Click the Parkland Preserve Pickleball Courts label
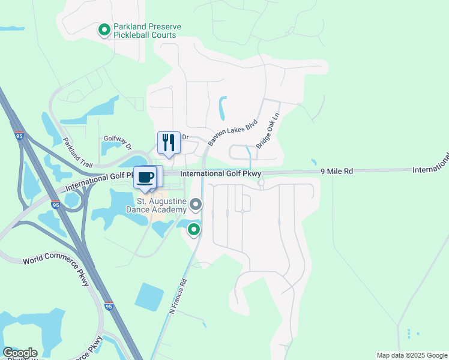tap(147, 31)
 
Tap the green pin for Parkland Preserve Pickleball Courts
tap(104, 29)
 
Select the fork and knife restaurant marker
tap(169, 143)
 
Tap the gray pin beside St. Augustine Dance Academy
tap(196, 206)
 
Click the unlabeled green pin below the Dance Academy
tap(194, 230)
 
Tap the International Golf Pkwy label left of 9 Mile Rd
tap(221, 174)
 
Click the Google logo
tap(20, 353)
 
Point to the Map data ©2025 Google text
tap(412, 355)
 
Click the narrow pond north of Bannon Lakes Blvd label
tap(223, 109)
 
